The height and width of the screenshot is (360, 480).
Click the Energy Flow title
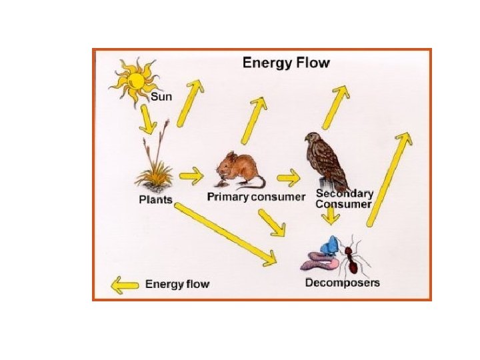pyautogui.click(x=286, y=64)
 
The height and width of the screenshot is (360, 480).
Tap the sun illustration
pyautogui.click(x=135, y=82)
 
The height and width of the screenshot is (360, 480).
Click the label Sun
pyautogui.click(x=161, y=97)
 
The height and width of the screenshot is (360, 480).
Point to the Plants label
pyautogui.click(x=155, y=199)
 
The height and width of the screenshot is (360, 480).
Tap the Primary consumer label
pyautogui.click(x=256, y=197)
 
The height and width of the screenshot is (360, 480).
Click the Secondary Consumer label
pyautogui.click(x=344, y=199)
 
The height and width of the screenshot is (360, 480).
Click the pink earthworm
pyautogui.click(x=321, y=259)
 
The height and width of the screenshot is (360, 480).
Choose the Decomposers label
pyautogui.click(x=342, y=283)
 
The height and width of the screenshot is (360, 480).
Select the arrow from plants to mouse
pyautogui.click(x=192, y=177)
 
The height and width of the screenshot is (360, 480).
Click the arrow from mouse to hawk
pyautogui.click(x=289, y=178)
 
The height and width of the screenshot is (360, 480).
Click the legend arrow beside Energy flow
pyautogui.click(x=125, y=285)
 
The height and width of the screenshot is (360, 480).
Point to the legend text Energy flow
pyautogui.click(x=177, y=285)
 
